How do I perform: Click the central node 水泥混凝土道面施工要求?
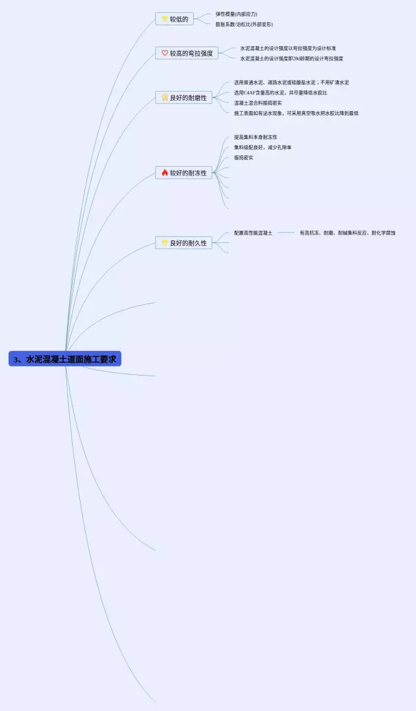coord(65,359)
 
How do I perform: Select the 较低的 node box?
coord(174,19)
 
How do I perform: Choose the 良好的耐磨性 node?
coord(184,97)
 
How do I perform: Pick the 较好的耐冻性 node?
coord(184,173)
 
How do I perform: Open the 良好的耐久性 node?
coord(184,243)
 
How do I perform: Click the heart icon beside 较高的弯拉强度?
coord(164,53)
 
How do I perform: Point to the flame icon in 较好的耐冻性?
coord(164,173)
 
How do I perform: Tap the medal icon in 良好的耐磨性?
coord(165,98)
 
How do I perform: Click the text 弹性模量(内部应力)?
coord(237,14)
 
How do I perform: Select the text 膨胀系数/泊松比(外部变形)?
coord(244,24)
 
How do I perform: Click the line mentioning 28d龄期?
coord(292,58)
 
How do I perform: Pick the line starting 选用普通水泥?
coord(292,83)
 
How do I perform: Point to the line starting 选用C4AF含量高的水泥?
coord(281,92)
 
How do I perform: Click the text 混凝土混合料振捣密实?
coord(258,103)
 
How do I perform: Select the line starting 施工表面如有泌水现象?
coord(296,113)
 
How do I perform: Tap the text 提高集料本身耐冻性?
coord(255,137)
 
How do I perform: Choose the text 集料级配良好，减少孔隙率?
coord(263,148)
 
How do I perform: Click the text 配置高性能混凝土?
coord(253,233)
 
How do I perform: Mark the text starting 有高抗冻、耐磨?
coord(347,233)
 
